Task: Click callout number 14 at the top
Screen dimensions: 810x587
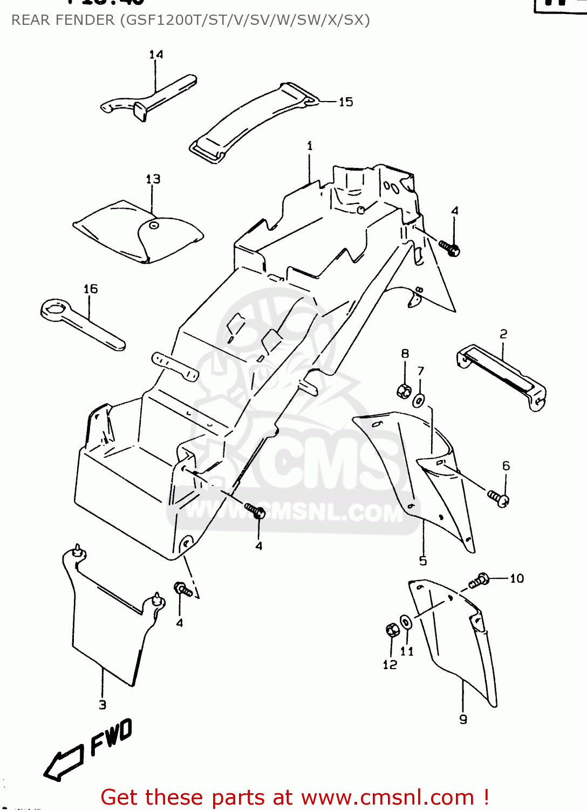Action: point(156,55)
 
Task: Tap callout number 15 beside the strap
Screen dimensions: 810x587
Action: point(346,102)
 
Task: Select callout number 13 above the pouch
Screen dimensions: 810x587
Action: point(153,179)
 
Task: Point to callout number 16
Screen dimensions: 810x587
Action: point(91,289)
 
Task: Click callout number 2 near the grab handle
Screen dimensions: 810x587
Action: point(503,334)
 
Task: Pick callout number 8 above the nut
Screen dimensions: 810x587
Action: point(405,354)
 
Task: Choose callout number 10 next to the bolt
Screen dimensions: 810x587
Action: point(517,579)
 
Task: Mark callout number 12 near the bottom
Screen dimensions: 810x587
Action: point(390,665)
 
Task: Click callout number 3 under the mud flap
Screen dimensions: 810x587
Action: point(103,705)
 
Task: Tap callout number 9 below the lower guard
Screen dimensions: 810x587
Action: point(463,719)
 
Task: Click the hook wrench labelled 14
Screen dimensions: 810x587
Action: point(148,97)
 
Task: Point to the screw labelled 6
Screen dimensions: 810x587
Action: point(498,498)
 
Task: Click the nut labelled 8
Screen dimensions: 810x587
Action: point(404,390)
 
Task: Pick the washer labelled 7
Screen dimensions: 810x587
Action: point(419,401)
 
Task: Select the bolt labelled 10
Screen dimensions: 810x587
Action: point(479,581)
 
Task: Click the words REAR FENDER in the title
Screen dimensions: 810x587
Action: point(63,21)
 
